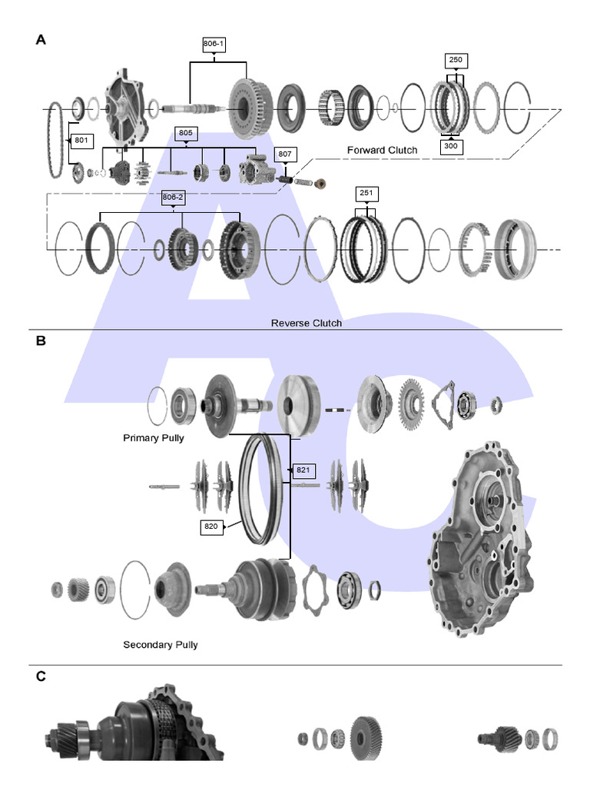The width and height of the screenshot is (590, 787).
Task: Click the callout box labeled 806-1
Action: pos(214,45)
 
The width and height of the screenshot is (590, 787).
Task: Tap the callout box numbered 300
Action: pos(452,146)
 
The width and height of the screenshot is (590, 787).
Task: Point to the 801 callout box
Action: pos(81,141)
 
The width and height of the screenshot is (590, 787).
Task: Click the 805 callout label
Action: pos(185,133)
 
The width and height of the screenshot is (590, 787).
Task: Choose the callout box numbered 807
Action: pos(285,154)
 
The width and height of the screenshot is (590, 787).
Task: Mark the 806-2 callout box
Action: pos(173,198)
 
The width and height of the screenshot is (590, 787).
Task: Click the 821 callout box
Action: pos(302,470)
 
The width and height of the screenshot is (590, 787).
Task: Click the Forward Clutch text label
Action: pos(382,150)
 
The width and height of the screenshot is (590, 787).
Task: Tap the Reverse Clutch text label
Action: pos(307,323)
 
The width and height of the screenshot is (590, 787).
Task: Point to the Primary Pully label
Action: pos(154,438)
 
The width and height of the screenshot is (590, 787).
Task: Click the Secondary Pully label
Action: pos(160,644)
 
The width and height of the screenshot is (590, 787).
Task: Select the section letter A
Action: pos(41,40)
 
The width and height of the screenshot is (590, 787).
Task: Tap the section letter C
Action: pos(41,676)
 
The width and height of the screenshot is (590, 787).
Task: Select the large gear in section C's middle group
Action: pos(366,739)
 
